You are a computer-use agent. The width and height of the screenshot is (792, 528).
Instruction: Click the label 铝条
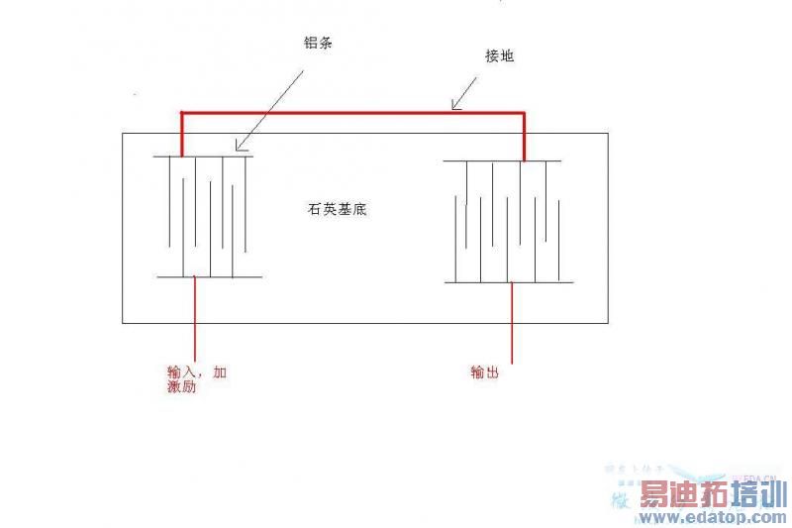click(318, 45)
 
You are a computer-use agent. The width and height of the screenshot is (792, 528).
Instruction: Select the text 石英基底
click(339, 210)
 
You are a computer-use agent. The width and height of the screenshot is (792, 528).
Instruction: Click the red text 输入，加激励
click(197, 379)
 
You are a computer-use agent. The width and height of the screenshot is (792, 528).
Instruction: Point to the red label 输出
click(485, 372)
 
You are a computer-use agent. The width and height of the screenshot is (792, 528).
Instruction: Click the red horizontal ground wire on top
click(351, 112)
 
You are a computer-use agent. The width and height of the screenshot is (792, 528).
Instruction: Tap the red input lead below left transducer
click(196, 317)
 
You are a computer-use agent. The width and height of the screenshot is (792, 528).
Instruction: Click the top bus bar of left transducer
click(203, 156)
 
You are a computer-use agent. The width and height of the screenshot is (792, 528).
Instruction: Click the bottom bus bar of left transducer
click(209, 277)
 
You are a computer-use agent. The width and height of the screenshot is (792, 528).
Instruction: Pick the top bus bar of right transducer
click(502, 160)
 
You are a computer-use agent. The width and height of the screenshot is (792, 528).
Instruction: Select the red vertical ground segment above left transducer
click(181, 134)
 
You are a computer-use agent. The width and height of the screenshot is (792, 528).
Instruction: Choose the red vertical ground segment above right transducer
click(524, 136)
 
